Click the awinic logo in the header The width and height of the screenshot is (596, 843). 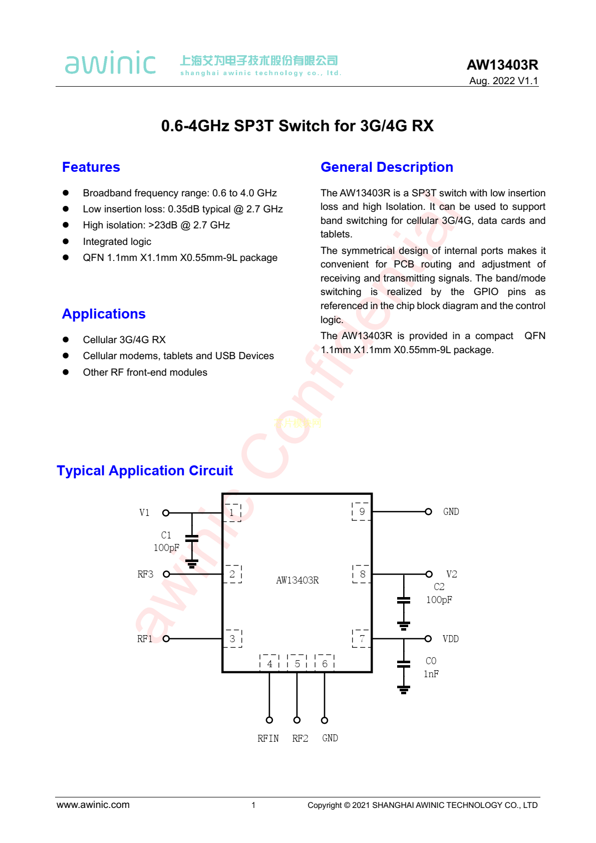[110, 63]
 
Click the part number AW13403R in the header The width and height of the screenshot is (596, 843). [502, 65]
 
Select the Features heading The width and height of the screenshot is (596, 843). [91, 167]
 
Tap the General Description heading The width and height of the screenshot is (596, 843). [387, 167]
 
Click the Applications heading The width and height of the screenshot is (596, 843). [104, 314]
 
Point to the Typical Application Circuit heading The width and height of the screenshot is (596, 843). [145, 471]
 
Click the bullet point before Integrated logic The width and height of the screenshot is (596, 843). [66, 241]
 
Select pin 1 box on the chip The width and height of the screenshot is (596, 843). [232, 512]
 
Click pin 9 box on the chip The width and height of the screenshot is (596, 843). [362, 511]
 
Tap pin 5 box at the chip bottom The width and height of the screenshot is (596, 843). [297, 663]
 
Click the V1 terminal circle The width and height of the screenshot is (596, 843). [166, 513]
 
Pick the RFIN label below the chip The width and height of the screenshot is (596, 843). [268, 738]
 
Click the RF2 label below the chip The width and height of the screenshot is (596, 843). [300, 738]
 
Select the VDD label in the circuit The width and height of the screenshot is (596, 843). [450, 639]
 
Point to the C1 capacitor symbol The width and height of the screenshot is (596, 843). [192, 538]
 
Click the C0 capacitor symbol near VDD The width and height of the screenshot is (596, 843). [404, 664]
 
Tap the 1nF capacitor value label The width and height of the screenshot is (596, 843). [431, 674]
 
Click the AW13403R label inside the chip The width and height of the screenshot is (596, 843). [297, 580]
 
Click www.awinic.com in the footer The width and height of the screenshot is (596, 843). [93, 805]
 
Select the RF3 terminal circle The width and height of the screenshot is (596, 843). [166, 574]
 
